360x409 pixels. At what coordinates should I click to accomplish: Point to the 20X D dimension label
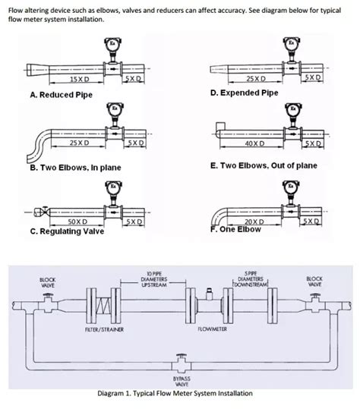(256, 221)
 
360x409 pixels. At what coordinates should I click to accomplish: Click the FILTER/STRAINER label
(105, 330)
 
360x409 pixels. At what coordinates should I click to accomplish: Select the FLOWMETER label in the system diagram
(213, 330)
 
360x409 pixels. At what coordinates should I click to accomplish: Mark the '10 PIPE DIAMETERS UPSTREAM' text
(153, 279)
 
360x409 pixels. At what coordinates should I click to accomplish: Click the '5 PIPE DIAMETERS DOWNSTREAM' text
(251, 279)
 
